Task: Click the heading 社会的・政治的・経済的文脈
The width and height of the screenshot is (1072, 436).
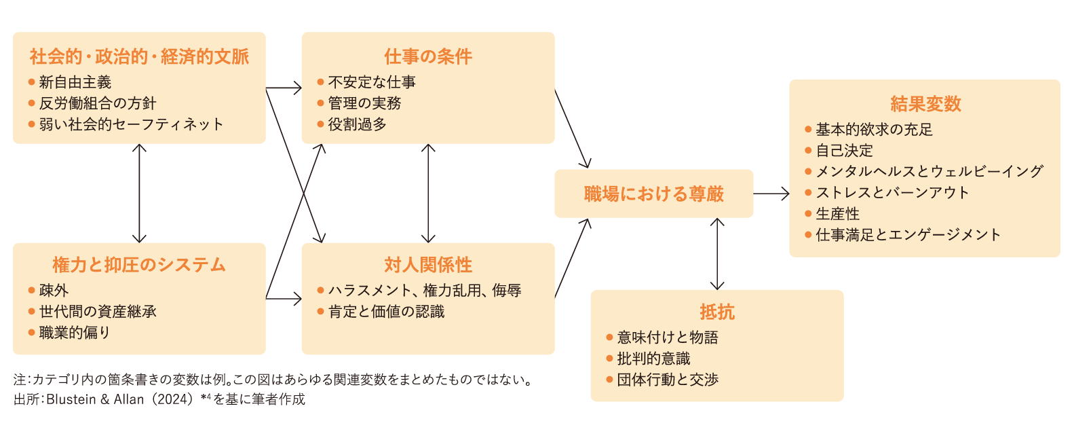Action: coord(139,56)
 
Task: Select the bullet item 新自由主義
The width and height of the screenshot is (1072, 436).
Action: coord(75,82)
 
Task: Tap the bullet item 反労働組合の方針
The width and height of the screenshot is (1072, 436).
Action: coord(97,103)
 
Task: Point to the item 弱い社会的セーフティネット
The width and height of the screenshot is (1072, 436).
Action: coord(130,124)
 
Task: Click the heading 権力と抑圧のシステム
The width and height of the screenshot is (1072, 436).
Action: coord(139,265)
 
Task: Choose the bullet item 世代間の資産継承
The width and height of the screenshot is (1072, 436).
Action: coord(97,312)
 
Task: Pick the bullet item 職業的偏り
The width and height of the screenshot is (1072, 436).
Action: coord(74,333)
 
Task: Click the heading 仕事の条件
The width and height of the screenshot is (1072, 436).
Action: coord(428,56)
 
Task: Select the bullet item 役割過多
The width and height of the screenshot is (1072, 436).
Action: coord(357,124)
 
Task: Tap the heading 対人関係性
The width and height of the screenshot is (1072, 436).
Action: coord(428,265)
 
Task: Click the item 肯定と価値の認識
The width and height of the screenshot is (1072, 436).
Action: coord(386,312)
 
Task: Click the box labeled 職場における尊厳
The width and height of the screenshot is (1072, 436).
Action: coord(653,194)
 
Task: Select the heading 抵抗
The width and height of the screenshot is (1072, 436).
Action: coord(717,312)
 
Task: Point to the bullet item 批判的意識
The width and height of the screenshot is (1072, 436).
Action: coord(653,359)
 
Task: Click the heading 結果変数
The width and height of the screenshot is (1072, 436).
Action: coord(925,104)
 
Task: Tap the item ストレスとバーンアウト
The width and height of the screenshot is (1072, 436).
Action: coord(892,193)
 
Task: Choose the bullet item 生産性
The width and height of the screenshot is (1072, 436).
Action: coord(837,214)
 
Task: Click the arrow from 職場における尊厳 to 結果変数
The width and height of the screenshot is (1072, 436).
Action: coord(771,194)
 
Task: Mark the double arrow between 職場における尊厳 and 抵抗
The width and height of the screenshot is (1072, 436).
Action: coord(717,254)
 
